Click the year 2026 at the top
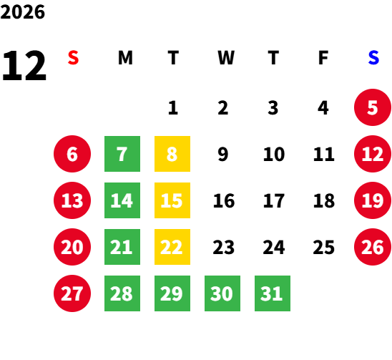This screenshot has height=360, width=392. tap(22, 12)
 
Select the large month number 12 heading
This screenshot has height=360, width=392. tap(24, 66)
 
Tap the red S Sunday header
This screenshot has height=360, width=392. tap(73, 58)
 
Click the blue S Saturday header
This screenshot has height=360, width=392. tap(373, 58)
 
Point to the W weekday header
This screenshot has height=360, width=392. tap(226, 58)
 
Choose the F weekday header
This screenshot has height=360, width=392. tap(323, 58)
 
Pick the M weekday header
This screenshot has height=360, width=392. tap(125, 58)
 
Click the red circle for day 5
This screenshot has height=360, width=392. tap(373, 107)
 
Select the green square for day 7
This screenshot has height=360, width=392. tap(122, 154)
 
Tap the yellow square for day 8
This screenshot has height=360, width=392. tap(172, 154)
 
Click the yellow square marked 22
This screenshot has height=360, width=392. tap(172, 247)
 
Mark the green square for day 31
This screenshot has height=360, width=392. tap(273, 293)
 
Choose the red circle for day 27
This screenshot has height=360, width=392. tap(72, 293)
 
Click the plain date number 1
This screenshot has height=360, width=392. tap(173, 108)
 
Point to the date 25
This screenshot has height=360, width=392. tap(324, 247)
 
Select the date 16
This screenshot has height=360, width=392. tap(224, 200)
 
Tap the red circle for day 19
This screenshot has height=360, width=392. tap(373, 200)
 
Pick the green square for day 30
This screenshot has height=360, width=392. tap(222, 293)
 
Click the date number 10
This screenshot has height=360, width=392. tap(274, 154)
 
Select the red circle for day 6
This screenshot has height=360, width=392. tap(72, 154)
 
